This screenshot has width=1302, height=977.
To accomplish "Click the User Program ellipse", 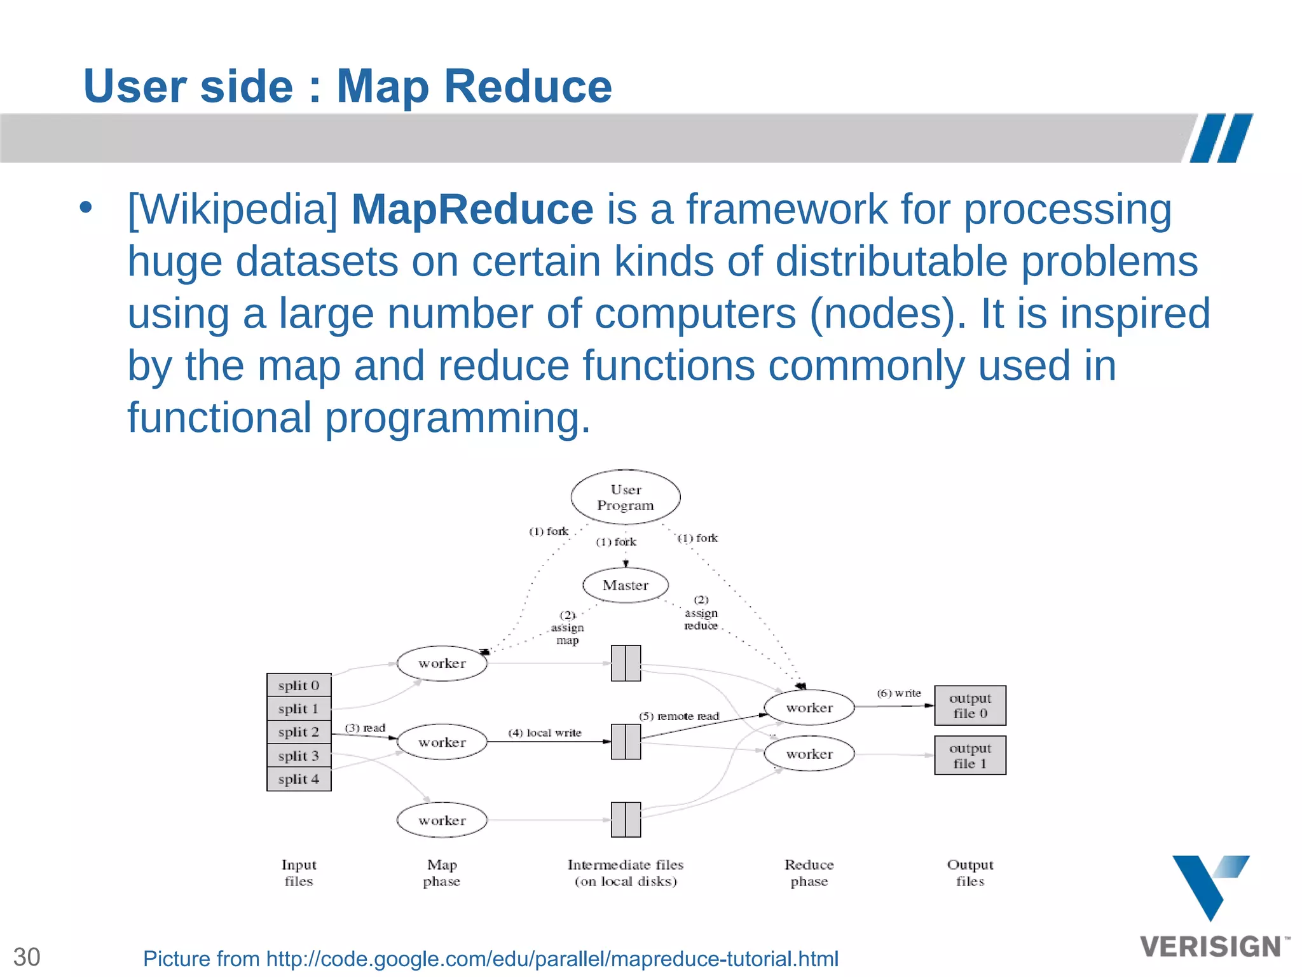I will pos(626,497).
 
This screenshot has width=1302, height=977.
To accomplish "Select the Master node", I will pos(626,585).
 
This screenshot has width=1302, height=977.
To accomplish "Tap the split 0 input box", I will pos(299,686).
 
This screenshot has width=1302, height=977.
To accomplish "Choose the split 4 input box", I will pos(299,779).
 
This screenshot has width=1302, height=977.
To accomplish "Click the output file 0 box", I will pos(970,705).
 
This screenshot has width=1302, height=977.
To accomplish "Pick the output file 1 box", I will pos(970,756).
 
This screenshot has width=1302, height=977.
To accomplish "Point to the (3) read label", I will pos(365,728).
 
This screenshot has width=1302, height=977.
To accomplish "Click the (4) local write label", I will pos(545,733).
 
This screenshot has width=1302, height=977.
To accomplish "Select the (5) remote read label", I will pos(679,716).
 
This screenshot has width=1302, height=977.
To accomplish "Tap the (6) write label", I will pos(899,693).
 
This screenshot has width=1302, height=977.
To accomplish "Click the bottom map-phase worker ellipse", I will pos(442,821).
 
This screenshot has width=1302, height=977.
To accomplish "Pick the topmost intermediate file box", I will pos(626,663).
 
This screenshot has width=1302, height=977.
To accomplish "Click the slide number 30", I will pos(27,957).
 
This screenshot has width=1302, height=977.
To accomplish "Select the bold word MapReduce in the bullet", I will pos(472,209).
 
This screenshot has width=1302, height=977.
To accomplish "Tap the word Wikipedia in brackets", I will pos(233,209).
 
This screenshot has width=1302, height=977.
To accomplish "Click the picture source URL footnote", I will pos(491,959).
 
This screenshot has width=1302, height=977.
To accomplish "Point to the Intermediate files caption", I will pos(626,873).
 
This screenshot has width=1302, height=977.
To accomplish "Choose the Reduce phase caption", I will pos(809,873).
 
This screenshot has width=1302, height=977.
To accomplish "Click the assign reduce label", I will pos(701,613).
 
